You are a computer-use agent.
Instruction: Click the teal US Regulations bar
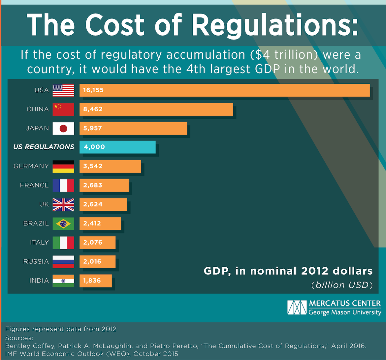tap(117, 147)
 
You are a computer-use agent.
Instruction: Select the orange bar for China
tap(156, 109)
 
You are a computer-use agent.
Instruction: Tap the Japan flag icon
tap(63, 128)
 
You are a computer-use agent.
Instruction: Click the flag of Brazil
tap(63, 224)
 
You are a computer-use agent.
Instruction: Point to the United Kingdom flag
tap(63, 204)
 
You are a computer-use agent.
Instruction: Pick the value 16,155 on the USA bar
tap(93, 90)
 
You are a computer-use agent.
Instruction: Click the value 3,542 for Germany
tap(93, 166)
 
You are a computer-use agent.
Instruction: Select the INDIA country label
tap(39, 281)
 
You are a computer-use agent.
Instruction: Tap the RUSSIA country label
tap(36, 261)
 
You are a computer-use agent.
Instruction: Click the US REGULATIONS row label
tap(44, 147)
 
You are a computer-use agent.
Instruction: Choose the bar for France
tap(104, 185)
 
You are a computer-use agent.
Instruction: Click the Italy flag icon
tap(63, 243)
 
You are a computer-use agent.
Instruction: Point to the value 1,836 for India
tap(92, 281)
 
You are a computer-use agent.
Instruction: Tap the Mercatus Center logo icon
tap(297, 308)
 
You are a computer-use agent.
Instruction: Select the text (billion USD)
tap(342, 285)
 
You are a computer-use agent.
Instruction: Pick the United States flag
tap(63, 90)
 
